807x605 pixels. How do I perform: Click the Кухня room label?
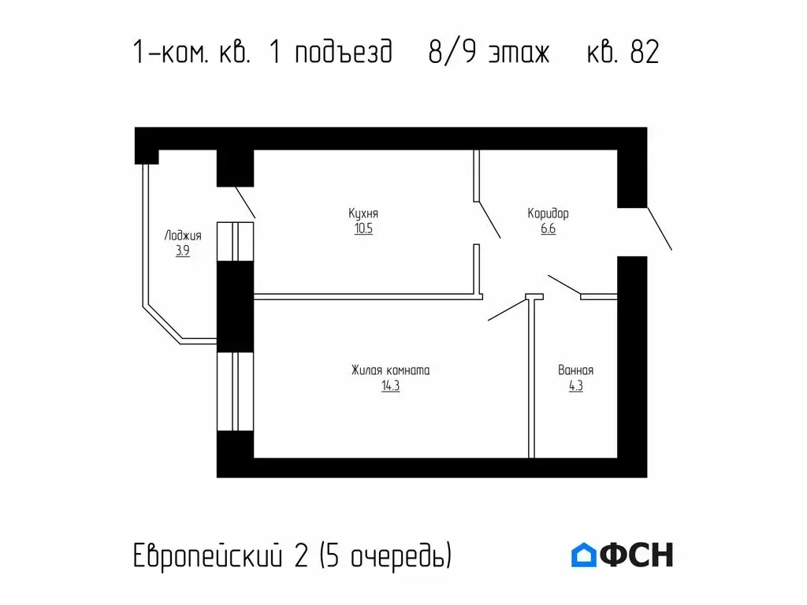click(x=363, y=213)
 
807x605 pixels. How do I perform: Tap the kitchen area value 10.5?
click(x=363, y=229)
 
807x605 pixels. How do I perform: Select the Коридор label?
click(x=548, y=213)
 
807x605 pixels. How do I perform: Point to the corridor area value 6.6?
click(x=548, y=229)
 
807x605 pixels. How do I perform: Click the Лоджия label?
click(x=183, y=236)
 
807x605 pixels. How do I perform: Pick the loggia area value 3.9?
click(x=183, y=251)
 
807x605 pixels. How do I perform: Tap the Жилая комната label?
click(x=390, y=370)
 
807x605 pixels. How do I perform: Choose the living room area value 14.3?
click(x=390, y=386)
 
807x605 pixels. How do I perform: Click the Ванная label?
click(x=575, y=370)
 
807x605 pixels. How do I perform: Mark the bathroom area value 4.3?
click(x=575, y=386)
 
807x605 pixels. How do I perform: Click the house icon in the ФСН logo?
click(x=583, y=555)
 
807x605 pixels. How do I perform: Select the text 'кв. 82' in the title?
click(x=623, y=54)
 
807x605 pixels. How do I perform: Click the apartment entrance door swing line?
click(x=659, y=229)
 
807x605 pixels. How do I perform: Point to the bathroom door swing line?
click(x=564, y=286)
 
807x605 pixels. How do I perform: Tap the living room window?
click(x=235, y=392)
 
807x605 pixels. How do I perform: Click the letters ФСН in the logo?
click(x=637, y=555)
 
